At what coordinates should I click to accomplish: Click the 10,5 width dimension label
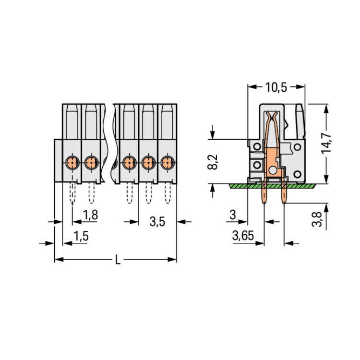[276, 87]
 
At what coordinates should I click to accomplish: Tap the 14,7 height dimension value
[326, 144]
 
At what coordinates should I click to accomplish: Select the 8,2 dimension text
[213, 162]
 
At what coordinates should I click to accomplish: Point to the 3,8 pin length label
[317, 219]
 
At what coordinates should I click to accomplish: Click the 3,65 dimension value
[243, 236]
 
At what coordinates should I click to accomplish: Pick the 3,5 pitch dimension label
[157, 222]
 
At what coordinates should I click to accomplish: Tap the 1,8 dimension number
[90, 215]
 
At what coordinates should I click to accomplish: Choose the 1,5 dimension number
[81, 236]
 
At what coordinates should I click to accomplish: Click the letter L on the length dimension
[118, 260]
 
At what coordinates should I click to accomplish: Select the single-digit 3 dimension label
[233, 215]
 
